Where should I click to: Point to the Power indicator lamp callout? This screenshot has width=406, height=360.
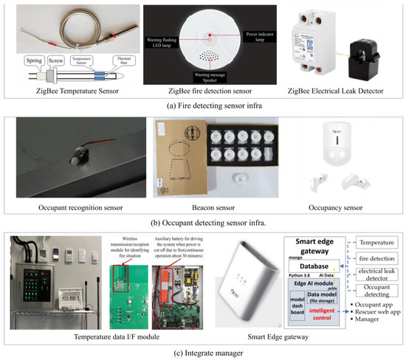click(x=259, y=34)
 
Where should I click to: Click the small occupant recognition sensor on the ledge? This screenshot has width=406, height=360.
click(x=76, y=156)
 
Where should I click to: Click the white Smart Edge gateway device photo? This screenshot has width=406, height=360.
click(x=246, y=282)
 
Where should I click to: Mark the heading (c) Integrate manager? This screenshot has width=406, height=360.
click(x=202, y=351)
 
